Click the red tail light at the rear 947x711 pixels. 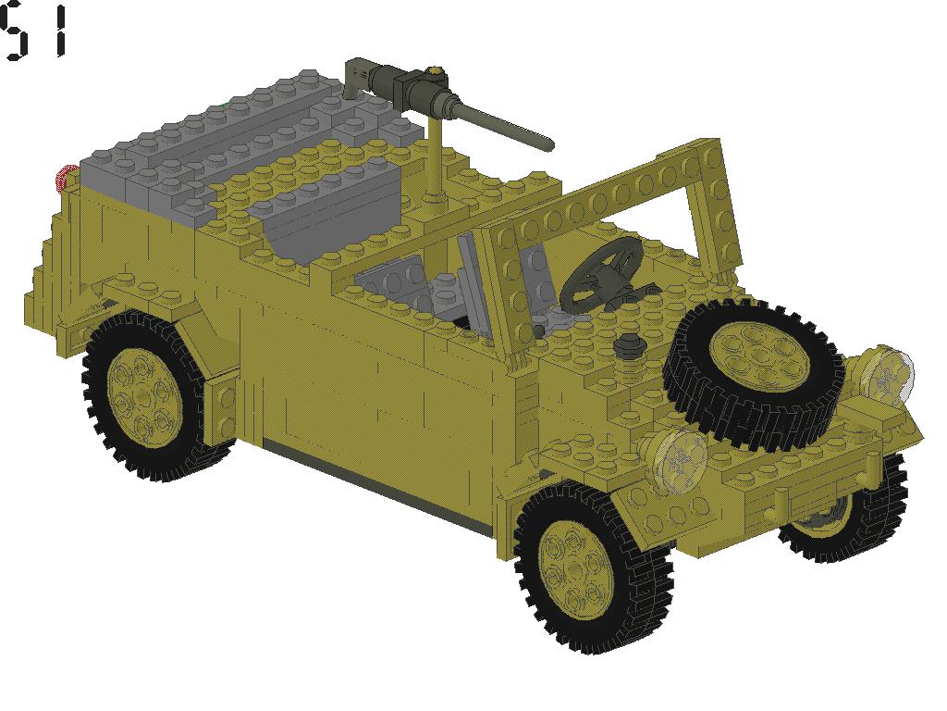click(x=66, y=179)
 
